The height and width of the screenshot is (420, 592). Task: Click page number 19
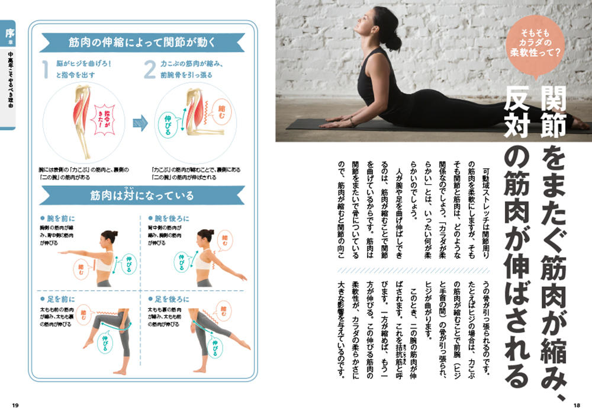click(15, 405)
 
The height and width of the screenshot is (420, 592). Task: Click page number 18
click(576, 405)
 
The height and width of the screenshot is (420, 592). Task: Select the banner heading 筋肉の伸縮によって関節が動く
click(141, 43)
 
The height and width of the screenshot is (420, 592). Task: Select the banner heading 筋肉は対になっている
click(142, 195)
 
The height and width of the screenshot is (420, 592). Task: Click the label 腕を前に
click(60, 218)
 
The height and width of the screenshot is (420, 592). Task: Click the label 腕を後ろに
click(171, 218)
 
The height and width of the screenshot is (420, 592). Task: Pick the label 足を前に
click(60, 299)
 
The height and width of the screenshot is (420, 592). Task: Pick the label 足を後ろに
click(171, 299)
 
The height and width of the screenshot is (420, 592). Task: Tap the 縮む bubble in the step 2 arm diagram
click(224, 111)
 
